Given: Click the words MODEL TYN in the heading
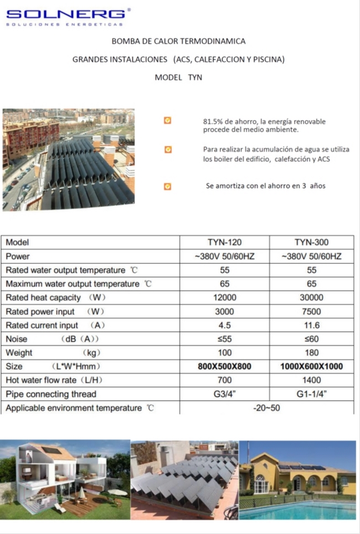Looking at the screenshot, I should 178,77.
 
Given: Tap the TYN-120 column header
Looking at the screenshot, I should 224,242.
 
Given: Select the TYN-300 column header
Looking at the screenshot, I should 311,242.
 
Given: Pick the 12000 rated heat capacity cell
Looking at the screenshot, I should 224,298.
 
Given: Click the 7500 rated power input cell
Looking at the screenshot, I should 311,312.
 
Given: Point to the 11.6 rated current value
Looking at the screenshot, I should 311,325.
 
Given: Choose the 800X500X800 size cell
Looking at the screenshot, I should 224,366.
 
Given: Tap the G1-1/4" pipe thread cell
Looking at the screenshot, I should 311,394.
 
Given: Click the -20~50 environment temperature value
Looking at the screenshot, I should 267,408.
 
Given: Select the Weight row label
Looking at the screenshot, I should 19,352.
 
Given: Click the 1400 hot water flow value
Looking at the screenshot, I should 311,380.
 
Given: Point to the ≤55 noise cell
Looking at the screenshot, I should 224,339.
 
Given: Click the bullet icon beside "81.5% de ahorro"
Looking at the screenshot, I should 168,121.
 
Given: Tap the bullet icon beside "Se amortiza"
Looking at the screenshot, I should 168,186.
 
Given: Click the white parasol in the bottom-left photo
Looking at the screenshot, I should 117,492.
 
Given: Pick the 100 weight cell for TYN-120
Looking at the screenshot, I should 224,352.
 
